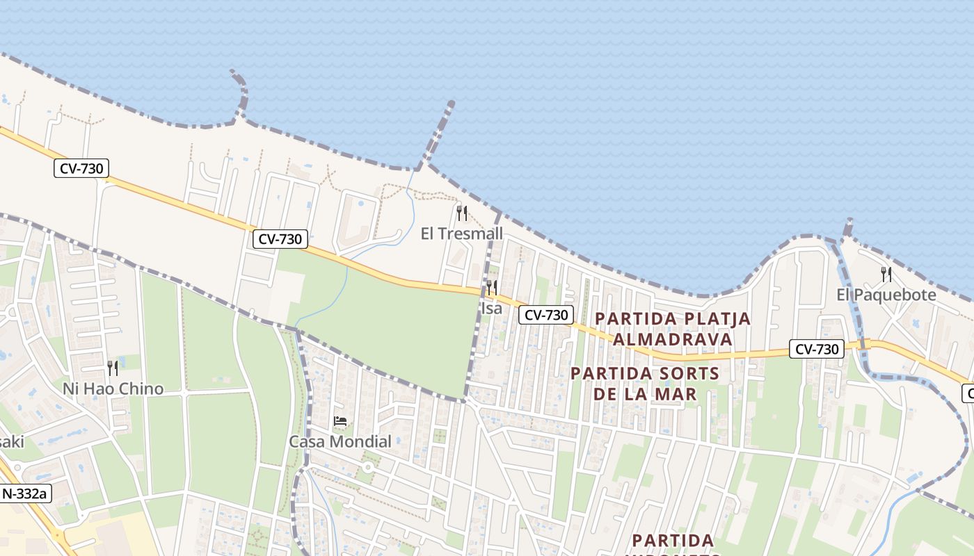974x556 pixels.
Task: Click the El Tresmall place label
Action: coord(461,234)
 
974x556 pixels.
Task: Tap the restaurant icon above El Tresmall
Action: coord(461,213)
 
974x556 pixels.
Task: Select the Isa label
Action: coord(491,308)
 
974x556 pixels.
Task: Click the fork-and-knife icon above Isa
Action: coord(491,287)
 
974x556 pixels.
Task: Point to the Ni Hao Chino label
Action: coord(113,389)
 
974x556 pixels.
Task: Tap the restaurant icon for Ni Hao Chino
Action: coord(113,368)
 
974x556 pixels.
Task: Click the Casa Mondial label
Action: coord(340,441)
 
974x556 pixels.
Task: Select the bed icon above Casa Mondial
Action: coord(340,421)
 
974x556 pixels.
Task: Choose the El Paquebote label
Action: coord(886,295)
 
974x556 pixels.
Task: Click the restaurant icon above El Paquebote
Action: coord(886,274)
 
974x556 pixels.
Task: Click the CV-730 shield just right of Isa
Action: coord(546,315)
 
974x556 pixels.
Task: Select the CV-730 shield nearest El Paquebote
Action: coord(816,349)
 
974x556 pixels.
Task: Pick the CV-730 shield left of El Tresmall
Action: coord(280,239)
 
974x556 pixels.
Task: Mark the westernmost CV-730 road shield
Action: coord(81,168)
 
